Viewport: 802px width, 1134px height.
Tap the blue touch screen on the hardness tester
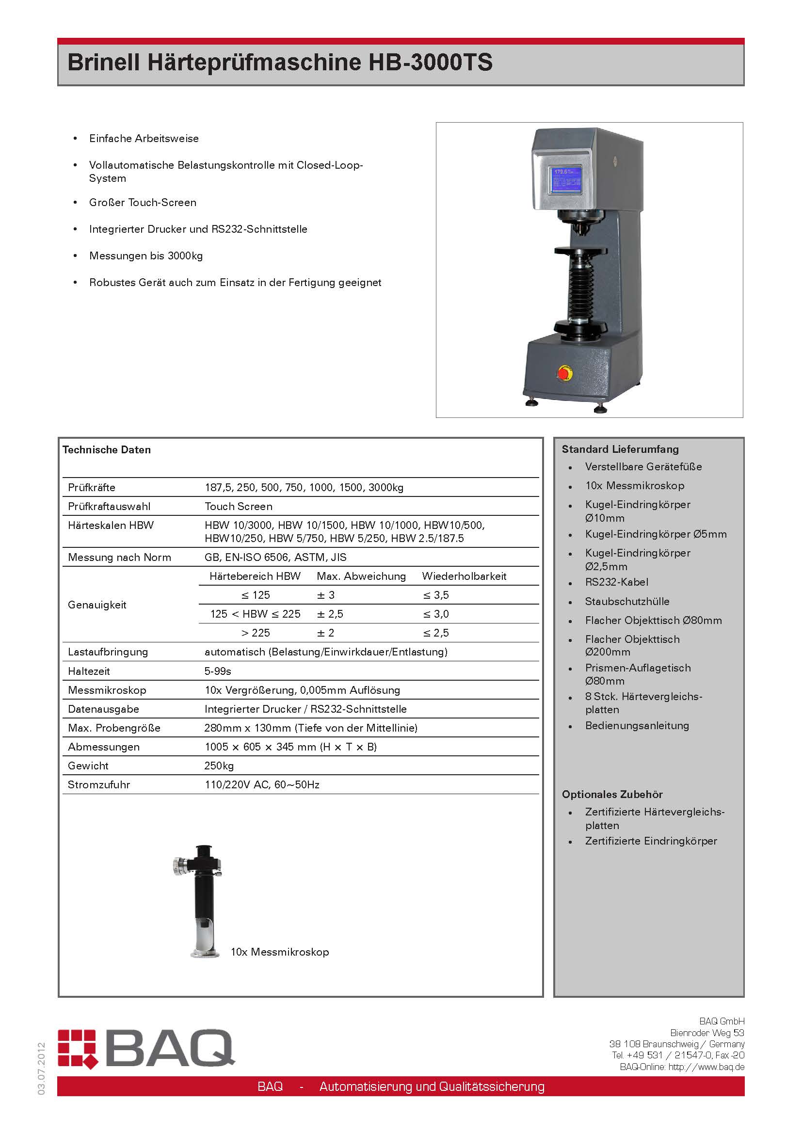click(565, 179)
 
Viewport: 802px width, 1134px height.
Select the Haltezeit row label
click(89, 671)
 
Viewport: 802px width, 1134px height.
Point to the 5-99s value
click(218, 671)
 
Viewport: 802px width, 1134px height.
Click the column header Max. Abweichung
click(361, 576)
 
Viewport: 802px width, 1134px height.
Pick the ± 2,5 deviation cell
click(330, 614)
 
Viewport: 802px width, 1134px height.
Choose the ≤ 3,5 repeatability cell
click(435, 595)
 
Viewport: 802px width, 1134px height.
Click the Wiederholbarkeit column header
click(464, 576)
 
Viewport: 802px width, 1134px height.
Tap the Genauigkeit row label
click(97, 605)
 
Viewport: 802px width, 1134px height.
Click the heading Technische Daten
click(107, 449)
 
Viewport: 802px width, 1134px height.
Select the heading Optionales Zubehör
click(612, 794)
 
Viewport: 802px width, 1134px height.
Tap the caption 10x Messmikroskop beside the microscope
click(279, 952)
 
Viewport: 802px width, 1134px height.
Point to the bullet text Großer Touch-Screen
click(143, 203)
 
